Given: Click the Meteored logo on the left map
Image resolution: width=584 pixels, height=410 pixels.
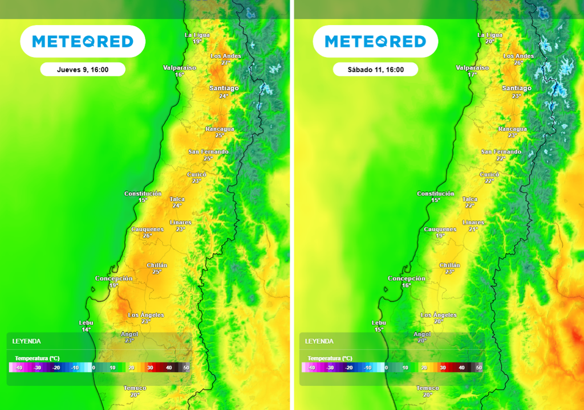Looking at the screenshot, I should click(83, 41).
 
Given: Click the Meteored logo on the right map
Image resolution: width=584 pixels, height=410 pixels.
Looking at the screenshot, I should click(375, 41).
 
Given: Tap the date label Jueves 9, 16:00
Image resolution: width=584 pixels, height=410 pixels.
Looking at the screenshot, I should click(83, 69).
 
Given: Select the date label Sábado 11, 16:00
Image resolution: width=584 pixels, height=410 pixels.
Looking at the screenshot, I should click(375, 69).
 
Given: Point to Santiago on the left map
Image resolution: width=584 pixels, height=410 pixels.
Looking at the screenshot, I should click(224, 88).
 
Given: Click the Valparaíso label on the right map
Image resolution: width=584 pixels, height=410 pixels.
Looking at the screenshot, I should click(473, 67).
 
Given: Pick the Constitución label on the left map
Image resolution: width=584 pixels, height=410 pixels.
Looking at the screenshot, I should click(146, 194).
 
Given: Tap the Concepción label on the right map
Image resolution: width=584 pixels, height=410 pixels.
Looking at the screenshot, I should click(406, 278).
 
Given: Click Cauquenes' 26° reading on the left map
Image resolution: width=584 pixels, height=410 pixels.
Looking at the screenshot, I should click(147, 236).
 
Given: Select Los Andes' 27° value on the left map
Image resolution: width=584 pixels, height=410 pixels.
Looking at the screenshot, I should click(225, 63).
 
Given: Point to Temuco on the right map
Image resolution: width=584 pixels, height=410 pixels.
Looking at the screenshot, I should click(428, 388).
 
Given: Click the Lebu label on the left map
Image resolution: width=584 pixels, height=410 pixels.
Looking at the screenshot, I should click(86, 323).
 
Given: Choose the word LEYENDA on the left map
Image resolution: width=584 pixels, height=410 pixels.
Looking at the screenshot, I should click(26, 341).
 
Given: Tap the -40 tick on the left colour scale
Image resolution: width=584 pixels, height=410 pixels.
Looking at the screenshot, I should click(18, 368).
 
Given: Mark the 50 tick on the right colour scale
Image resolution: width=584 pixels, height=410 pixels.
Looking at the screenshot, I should click(478, 368).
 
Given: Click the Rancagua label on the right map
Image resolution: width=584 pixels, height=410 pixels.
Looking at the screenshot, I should click(512, 129).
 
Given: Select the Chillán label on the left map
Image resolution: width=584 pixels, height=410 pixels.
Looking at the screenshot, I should click(157, 265).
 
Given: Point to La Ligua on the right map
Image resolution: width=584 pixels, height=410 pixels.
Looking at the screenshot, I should click(490, 35).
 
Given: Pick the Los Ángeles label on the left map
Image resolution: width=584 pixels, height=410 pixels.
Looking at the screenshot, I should click(145, 315).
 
